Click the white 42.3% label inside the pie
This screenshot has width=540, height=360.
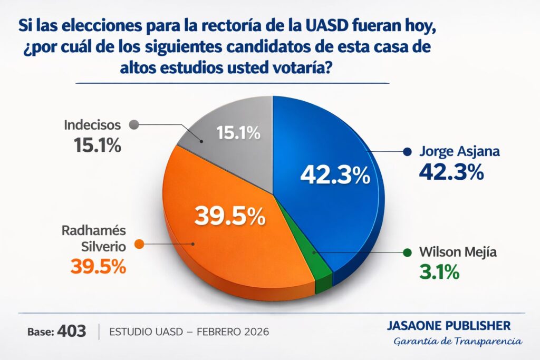pyautogui.click(x=335, y=176)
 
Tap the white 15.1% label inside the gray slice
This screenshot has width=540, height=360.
pyautogui.click(x=239, y=133)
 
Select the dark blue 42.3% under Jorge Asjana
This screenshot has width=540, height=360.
pyautogui.click(x=451, y=172)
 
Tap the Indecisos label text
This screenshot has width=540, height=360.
pyautogui.click(x=92, y=125)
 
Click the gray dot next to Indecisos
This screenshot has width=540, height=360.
pyautogui.click(x=133, y=125)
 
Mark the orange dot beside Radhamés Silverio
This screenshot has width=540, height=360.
pyautogui.click(x=139, y=244)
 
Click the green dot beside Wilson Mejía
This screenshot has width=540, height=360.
pyautogui.click(x=407, y=252)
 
